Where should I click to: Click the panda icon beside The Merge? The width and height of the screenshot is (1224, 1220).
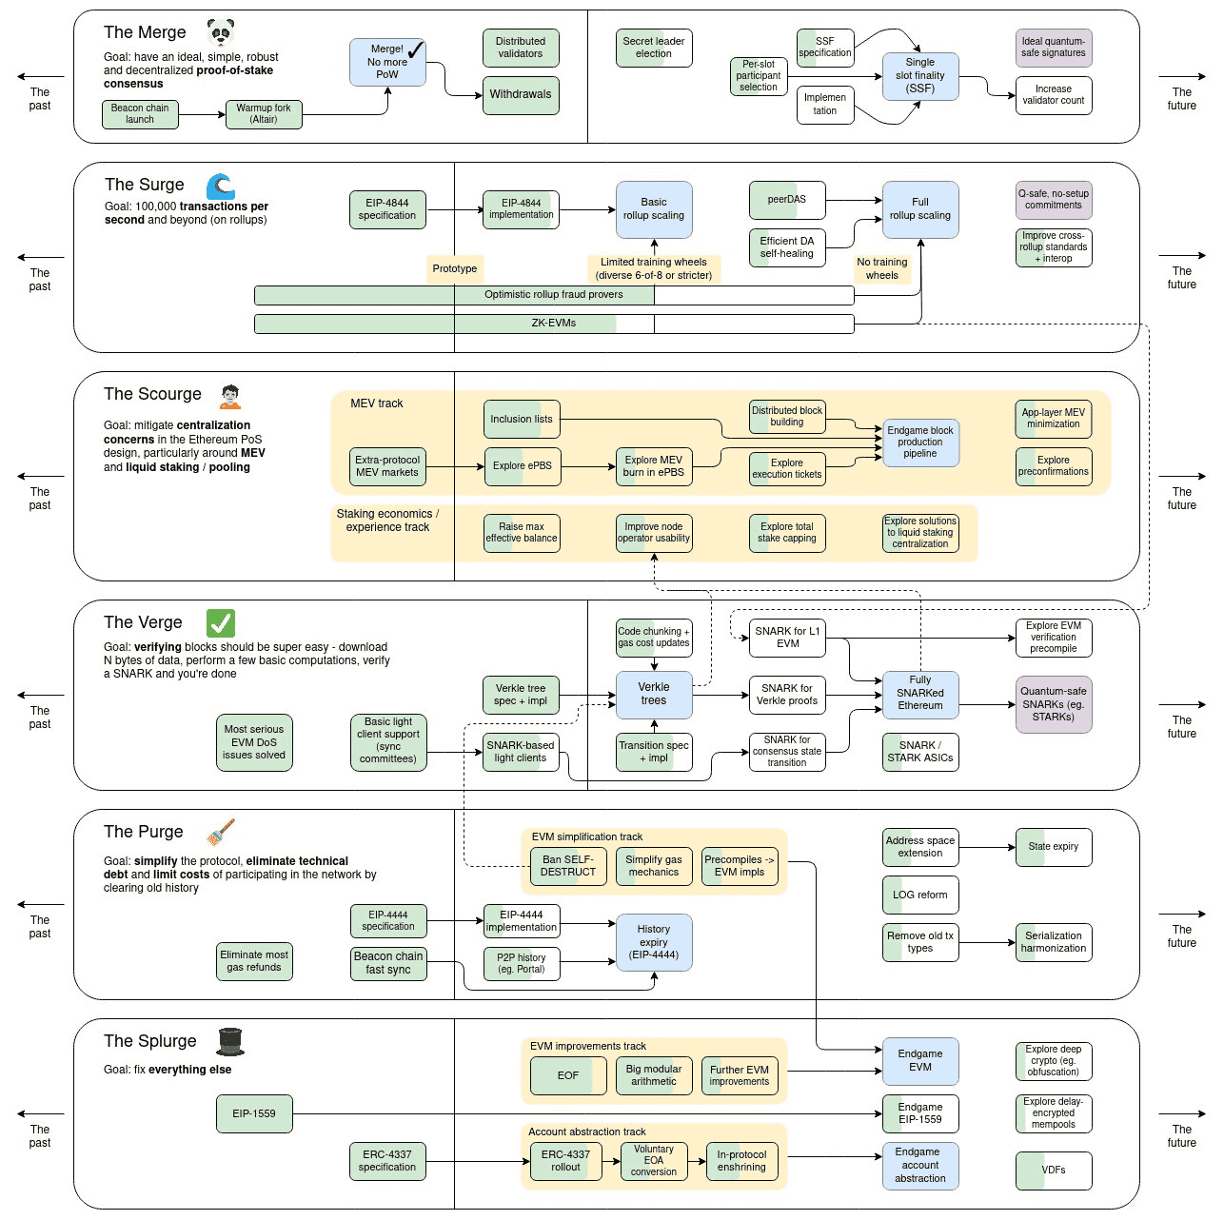220,33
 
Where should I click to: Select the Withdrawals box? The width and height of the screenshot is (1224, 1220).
520,95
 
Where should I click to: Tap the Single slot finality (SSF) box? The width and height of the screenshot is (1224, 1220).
919,76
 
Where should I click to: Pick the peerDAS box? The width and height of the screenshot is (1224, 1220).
787,200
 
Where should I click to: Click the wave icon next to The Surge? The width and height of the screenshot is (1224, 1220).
221,186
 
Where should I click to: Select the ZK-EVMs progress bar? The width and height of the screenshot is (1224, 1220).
553,324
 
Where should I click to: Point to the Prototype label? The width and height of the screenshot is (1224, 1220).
454,269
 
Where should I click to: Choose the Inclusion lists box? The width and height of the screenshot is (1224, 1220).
521,419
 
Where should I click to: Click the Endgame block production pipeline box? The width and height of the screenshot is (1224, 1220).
919,443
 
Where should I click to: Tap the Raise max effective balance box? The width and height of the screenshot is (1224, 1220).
521,533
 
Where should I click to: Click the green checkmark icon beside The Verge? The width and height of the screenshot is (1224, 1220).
221,623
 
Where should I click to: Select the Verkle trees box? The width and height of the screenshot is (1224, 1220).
653,695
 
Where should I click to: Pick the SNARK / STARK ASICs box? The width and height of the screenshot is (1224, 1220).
919,752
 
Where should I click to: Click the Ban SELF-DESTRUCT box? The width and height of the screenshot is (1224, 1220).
567,866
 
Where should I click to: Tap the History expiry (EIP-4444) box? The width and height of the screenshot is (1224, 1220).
653,942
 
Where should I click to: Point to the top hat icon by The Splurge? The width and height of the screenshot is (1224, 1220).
230,1042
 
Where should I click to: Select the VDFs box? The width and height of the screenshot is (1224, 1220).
1053,1171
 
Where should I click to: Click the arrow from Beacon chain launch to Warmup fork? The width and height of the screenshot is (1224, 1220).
202,115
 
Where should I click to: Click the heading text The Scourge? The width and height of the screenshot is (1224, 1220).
152,394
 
